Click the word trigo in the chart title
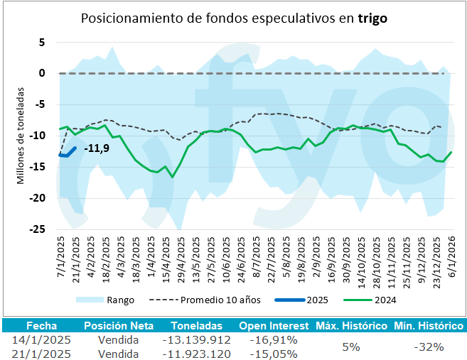point(372,19)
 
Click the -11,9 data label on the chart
point(97,150)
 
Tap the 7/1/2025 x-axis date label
point(60,259)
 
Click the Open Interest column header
point(273,326)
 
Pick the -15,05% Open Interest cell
point(274,353)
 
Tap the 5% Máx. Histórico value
point(350,347)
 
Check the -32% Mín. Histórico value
point(428,347)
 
